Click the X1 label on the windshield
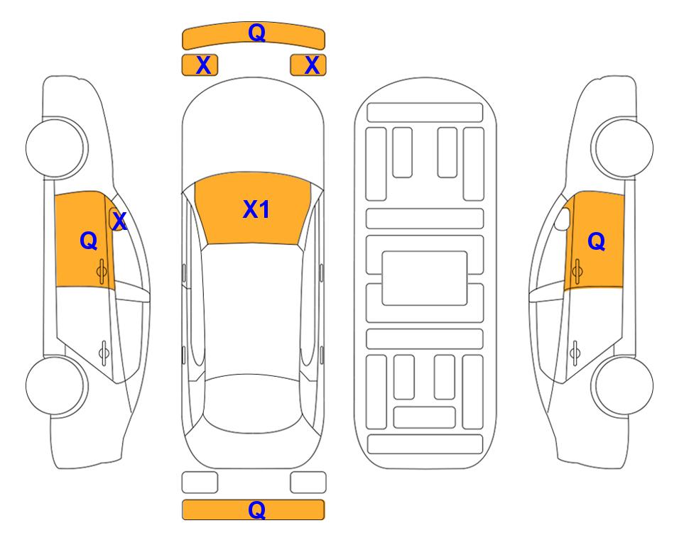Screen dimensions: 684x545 pos(256,209)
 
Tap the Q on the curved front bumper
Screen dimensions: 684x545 pos(256,32)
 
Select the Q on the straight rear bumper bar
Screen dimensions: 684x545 pos(256,510)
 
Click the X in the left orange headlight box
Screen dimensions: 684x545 pos(203,65)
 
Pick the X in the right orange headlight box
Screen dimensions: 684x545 pos(312,65)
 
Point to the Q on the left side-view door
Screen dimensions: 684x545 pos(89,241)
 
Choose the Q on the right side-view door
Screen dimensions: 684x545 pos(597,241)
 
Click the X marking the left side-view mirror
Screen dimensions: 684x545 pos(119,221)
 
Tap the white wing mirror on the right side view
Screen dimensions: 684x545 pos(563,219)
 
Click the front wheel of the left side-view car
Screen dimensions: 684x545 pos(55,148)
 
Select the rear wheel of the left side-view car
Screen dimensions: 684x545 pos(55,385)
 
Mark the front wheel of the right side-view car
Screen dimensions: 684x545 pos(624,148)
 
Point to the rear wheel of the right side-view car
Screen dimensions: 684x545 pos(624,385)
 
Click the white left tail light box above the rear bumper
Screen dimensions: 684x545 pos(200,483)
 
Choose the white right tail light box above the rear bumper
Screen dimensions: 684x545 pos(308,483)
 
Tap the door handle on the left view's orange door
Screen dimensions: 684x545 pos(102,272)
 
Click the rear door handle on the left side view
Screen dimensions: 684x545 pos(104,352)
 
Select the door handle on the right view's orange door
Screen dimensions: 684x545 pos(577,272)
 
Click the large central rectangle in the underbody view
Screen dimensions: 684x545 pos(425,278)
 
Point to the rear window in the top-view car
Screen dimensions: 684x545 pos(252,403)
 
